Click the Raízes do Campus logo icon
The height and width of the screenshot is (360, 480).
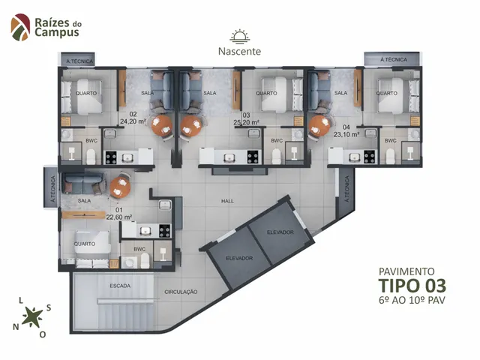pos(20,27)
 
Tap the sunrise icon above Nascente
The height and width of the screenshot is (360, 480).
pos(240,37)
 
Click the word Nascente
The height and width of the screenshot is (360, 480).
pos(239,51)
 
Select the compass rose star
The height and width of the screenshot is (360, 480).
pos(31,316)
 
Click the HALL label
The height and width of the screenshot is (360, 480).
pos(227,201)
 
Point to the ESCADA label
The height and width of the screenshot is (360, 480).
pos(120,286)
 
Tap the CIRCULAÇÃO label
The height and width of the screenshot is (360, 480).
pos(181,292)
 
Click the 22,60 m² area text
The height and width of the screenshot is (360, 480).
pos(119,217)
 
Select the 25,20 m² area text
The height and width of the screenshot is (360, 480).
pos(247,122)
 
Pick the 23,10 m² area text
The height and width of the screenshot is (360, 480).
pos(346,134)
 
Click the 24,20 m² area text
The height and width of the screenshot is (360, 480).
pos(133,121)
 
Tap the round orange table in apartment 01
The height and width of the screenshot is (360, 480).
pos(120,187)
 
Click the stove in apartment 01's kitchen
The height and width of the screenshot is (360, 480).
pos(165,231)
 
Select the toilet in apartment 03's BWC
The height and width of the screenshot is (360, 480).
pos(276,157)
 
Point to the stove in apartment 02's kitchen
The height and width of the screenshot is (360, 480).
pos(111,157)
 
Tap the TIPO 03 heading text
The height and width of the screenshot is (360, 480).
pos(412,286)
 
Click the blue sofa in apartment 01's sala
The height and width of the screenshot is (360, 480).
pos(83,183)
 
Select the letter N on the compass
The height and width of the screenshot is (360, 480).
pos(16,327)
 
